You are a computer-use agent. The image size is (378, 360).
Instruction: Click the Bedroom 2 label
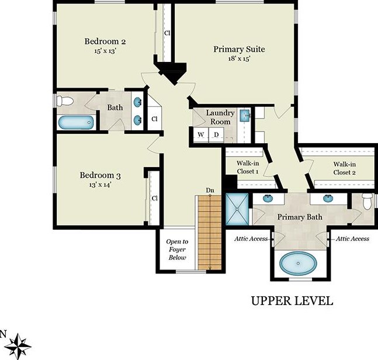tap(105, 41)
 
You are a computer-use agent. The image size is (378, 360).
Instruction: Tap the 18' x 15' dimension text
tap(239, 58)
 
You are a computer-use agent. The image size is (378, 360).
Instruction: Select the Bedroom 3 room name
tap(100, 175)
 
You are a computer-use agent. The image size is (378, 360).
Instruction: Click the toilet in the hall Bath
tap(65, 101)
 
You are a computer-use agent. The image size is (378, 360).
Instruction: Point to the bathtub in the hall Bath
tap(76, 122)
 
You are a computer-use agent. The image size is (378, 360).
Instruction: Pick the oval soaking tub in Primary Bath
tap(299, 264)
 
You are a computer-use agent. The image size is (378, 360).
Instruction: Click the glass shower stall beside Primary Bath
tap(237, 209)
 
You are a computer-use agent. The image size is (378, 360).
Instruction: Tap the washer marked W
tap(201, 135)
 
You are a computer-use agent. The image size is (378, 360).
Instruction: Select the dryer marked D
tap(216, 135)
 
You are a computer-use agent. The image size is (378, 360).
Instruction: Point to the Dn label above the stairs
tap(210, 191)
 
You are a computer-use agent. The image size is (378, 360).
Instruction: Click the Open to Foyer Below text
tap(177, 250)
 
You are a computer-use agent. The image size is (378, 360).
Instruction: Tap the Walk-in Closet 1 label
tap(248, 167)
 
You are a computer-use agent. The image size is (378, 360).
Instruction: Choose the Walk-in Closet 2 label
tap(345, 168)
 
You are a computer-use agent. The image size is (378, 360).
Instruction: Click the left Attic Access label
tap(251, 238)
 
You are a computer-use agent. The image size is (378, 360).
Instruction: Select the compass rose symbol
tap(18, 346)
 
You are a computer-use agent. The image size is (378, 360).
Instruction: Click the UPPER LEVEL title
tap(292, 301)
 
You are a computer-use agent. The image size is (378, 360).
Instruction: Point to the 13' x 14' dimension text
tap(100, 185)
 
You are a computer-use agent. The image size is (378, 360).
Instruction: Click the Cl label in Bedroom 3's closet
tap(154, 198)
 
